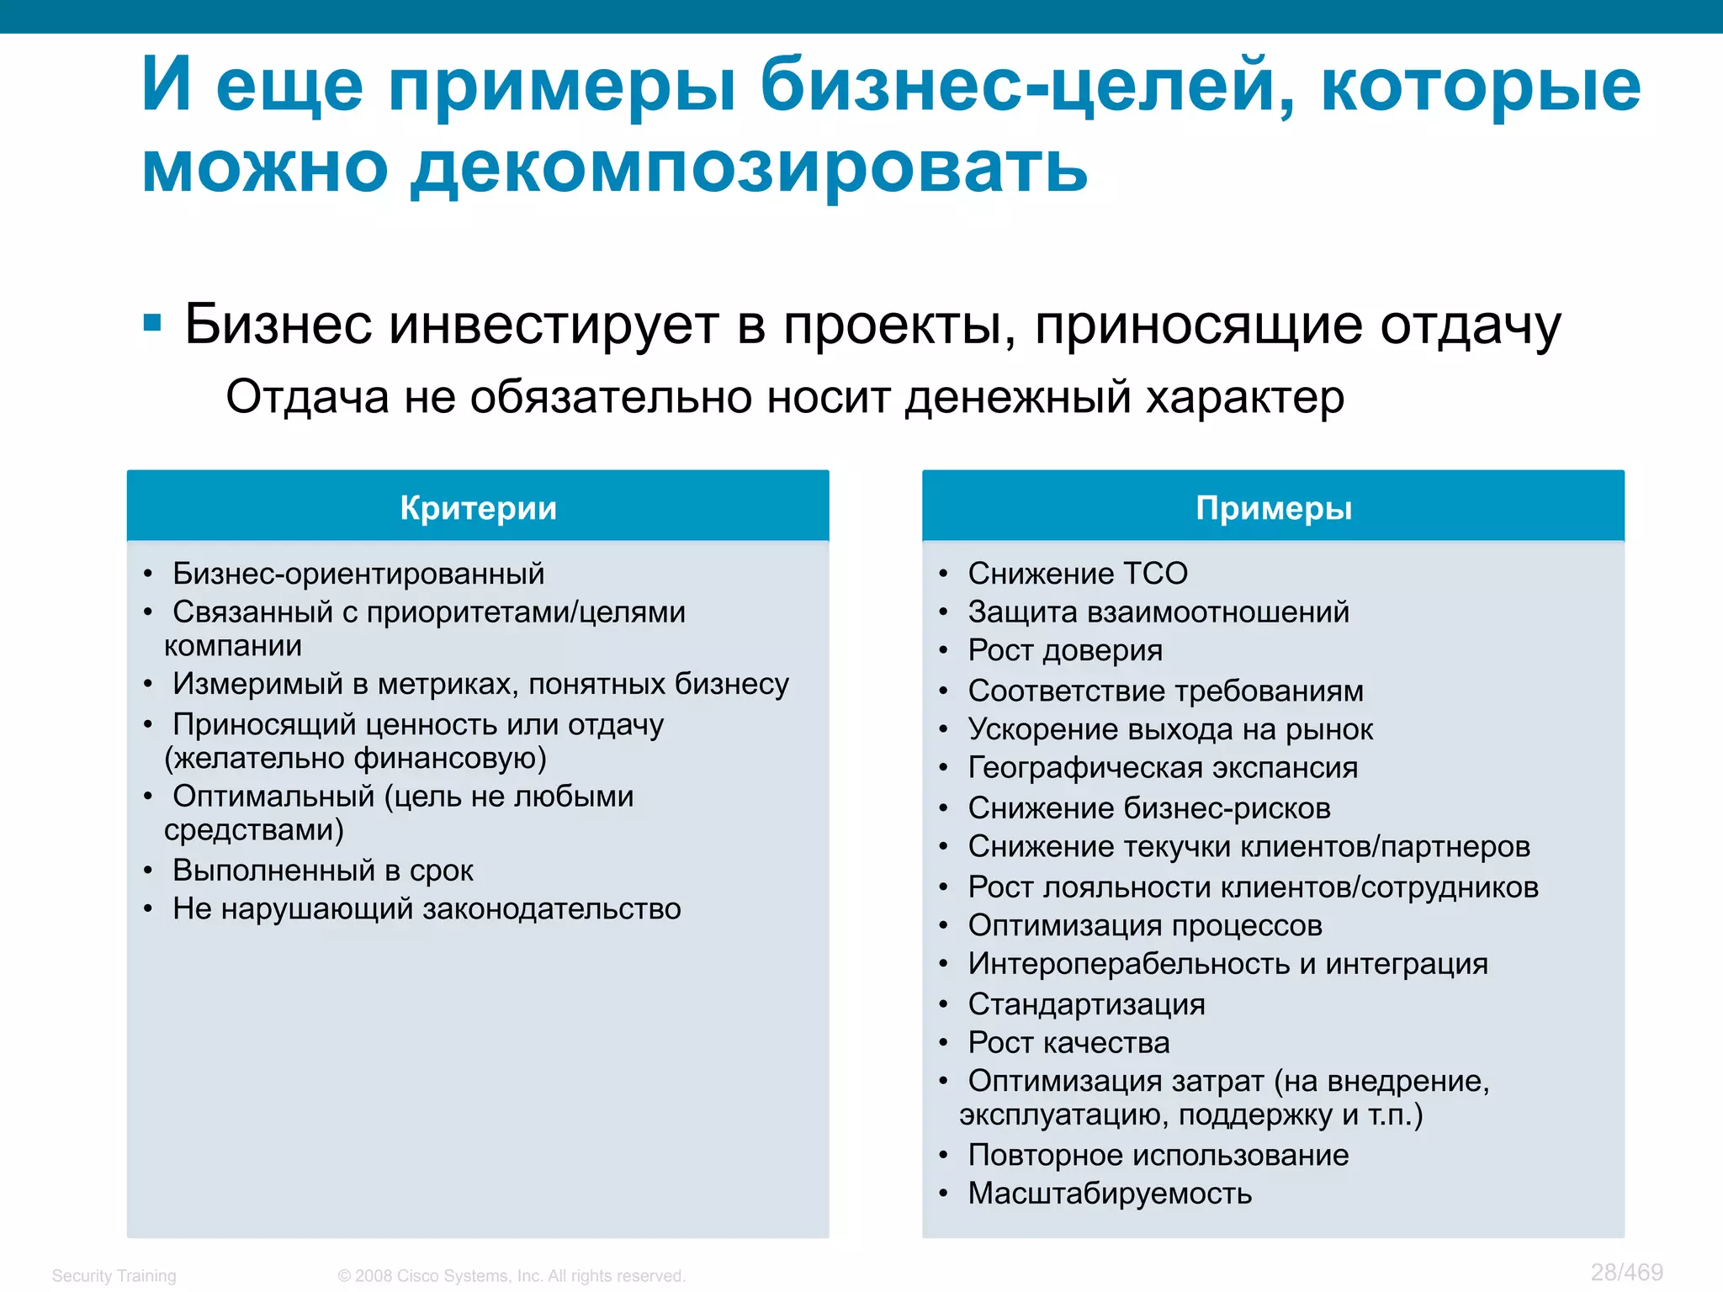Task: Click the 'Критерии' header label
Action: [478, 508]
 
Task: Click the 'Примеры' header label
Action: [1274, 508]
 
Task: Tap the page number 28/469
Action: [1626, 1272]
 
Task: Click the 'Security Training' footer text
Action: [114, 1275]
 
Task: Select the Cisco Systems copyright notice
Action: [512, 1275]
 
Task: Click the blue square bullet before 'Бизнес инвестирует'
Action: [152, 323]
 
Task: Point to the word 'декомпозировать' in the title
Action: [749, 168]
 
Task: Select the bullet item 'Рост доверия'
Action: [1065, 650]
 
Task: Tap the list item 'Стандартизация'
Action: [1086, 1003]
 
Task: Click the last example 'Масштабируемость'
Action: [1110, 1193]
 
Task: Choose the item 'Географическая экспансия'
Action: [1163, 767]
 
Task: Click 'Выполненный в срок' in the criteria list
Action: [323, 870]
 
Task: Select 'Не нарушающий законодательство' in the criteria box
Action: [427, 908]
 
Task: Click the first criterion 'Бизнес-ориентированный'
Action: [358, 574]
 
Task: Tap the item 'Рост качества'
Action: [1068, 1042]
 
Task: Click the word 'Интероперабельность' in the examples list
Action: [1129, 964]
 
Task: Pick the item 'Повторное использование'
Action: [1158, 1155]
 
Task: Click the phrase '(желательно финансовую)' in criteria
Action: [355, 758]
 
